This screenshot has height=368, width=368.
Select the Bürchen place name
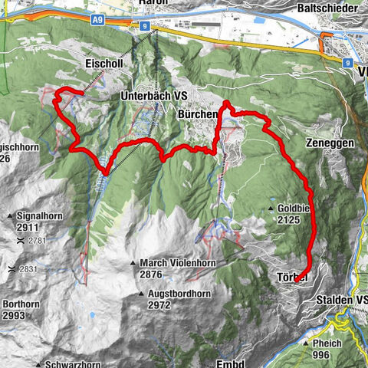198,113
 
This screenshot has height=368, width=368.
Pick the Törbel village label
289,275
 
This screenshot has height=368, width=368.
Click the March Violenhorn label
177,263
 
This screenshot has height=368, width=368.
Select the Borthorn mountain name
20,304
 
